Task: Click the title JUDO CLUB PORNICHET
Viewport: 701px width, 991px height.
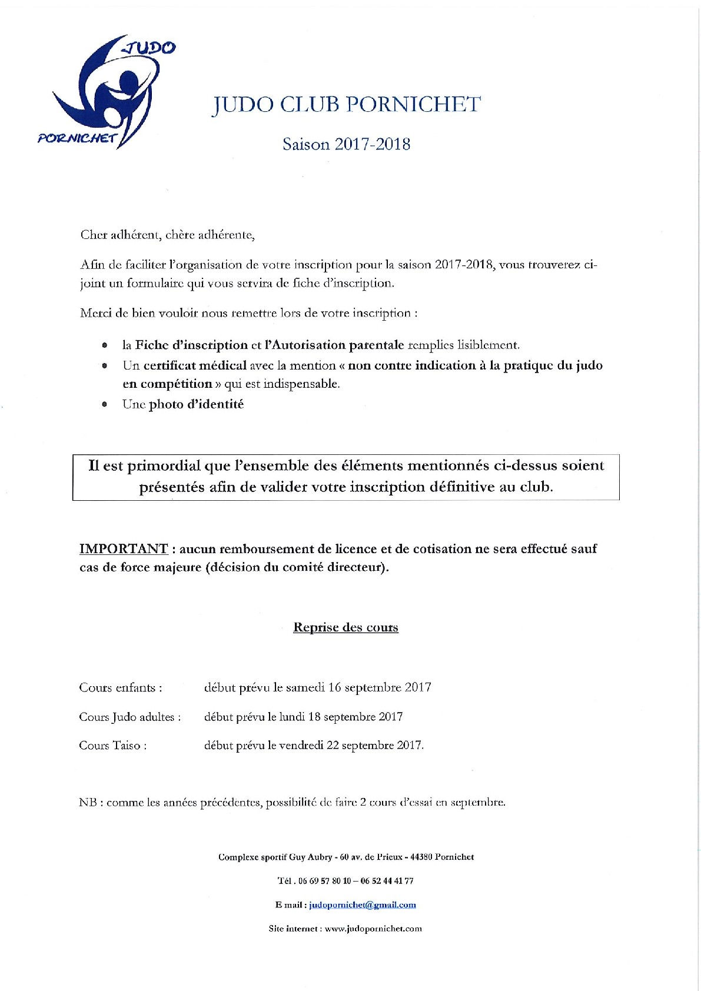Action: click(346, 105)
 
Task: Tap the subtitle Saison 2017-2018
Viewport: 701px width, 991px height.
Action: click(346, 144)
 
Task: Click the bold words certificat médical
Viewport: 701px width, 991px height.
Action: click(195, 365)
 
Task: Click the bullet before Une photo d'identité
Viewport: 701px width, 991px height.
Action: click(105, 405)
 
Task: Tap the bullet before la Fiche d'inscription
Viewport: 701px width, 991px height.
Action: click(105, 345)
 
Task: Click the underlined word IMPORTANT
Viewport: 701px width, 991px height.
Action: click(124, 548)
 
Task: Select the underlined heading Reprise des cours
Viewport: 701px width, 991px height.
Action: click(346, 627)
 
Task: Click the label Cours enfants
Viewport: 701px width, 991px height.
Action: click(121, 687)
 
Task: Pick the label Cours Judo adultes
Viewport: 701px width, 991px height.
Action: click(129, 717)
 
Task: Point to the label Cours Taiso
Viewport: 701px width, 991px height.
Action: click(112, 745)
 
